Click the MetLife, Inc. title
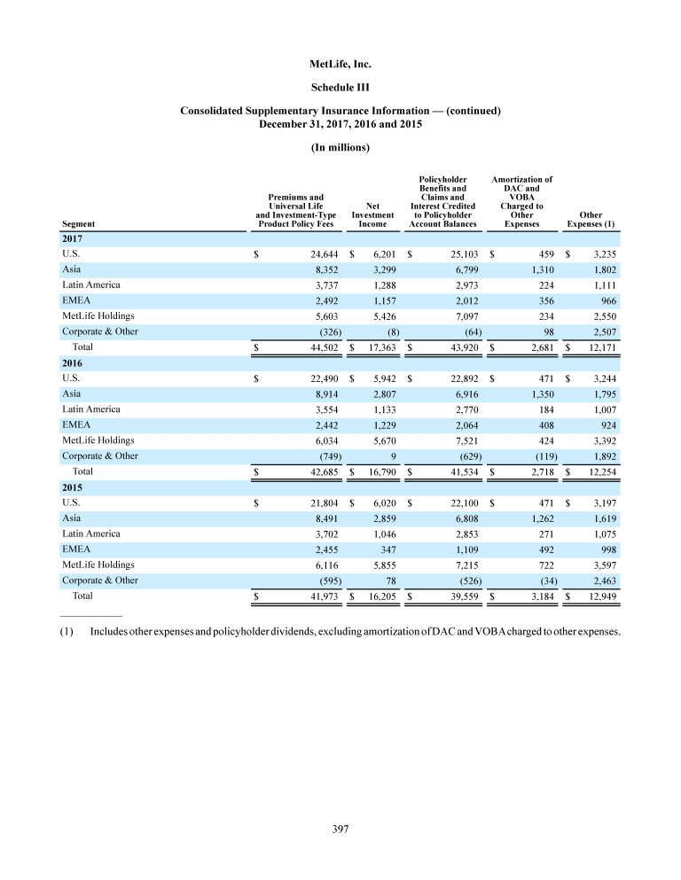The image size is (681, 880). [340, 65]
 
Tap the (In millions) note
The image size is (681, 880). [340, 146]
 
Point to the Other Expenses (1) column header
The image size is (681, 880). [590, 219]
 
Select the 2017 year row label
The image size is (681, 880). [73, 239]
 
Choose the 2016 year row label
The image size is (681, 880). [73, 363]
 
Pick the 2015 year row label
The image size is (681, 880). [73, 487]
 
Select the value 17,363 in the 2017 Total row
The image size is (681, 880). [376, 348]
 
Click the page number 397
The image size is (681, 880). [340, 829]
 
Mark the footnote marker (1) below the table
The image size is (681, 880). [68, 632]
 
